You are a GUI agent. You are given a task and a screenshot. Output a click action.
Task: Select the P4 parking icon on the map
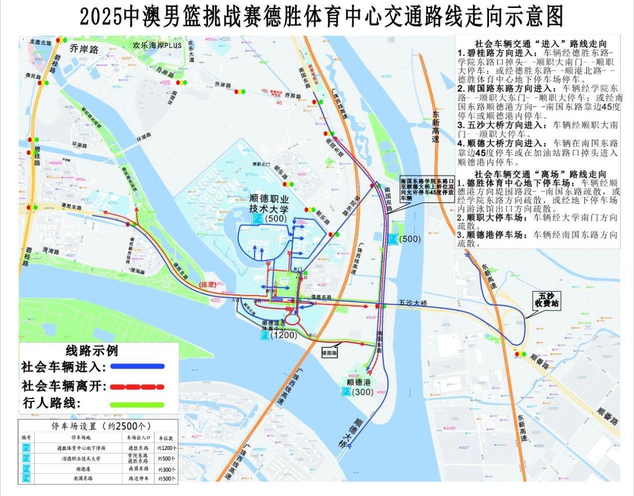(x=392, y=239)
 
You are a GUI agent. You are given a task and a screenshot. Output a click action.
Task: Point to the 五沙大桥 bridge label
(x=413, y=303)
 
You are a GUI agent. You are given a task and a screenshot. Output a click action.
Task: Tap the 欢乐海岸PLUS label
(x=157, y=45)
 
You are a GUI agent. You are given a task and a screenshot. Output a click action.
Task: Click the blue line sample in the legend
(x=137, y=366)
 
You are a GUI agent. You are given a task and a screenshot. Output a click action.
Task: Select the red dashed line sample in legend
(x=137, y=386)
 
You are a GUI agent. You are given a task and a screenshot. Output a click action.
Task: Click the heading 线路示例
(x=92, y=350)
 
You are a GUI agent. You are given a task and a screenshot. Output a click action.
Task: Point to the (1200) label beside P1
(x=284, y=335)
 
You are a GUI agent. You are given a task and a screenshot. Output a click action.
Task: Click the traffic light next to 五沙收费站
(x=520, y=354)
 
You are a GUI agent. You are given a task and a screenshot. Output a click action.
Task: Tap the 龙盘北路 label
(x=41, y=43)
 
